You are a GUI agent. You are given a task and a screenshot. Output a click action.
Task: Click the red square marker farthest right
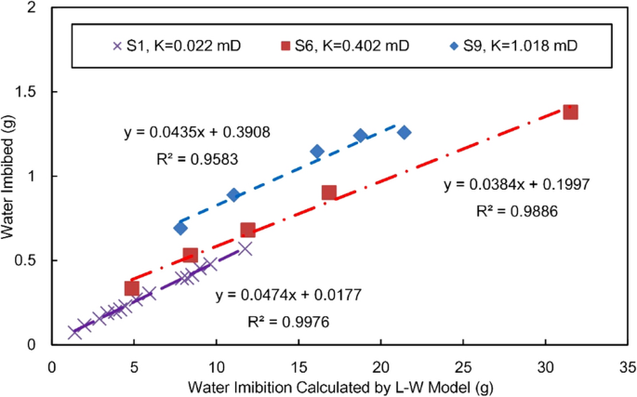pyautogui.click(x=571, y=112)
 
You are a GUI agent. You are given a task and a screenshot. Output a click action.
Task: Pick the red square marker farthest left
pyautogui.click(x=132, y=288)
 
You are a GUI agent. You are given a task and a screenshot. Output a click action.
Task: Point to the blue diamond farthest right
pyautogui.click(x=404, y=132)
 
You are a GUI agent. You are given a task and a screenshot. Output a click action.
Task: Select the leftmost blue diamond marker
pyautogui.click(x=180, y=228)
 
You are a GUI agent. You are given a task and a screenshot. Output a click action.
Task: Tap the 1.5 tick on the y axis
pyautogui.click(x=33, y=92)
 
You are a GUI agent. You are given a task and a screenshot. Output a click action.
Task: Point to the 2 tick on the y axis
pyautogui.click(x=37, y=8)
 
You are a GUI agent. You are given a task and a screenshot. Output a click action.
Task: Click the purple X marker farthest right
pyautogui.click(x=245, y=248)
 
